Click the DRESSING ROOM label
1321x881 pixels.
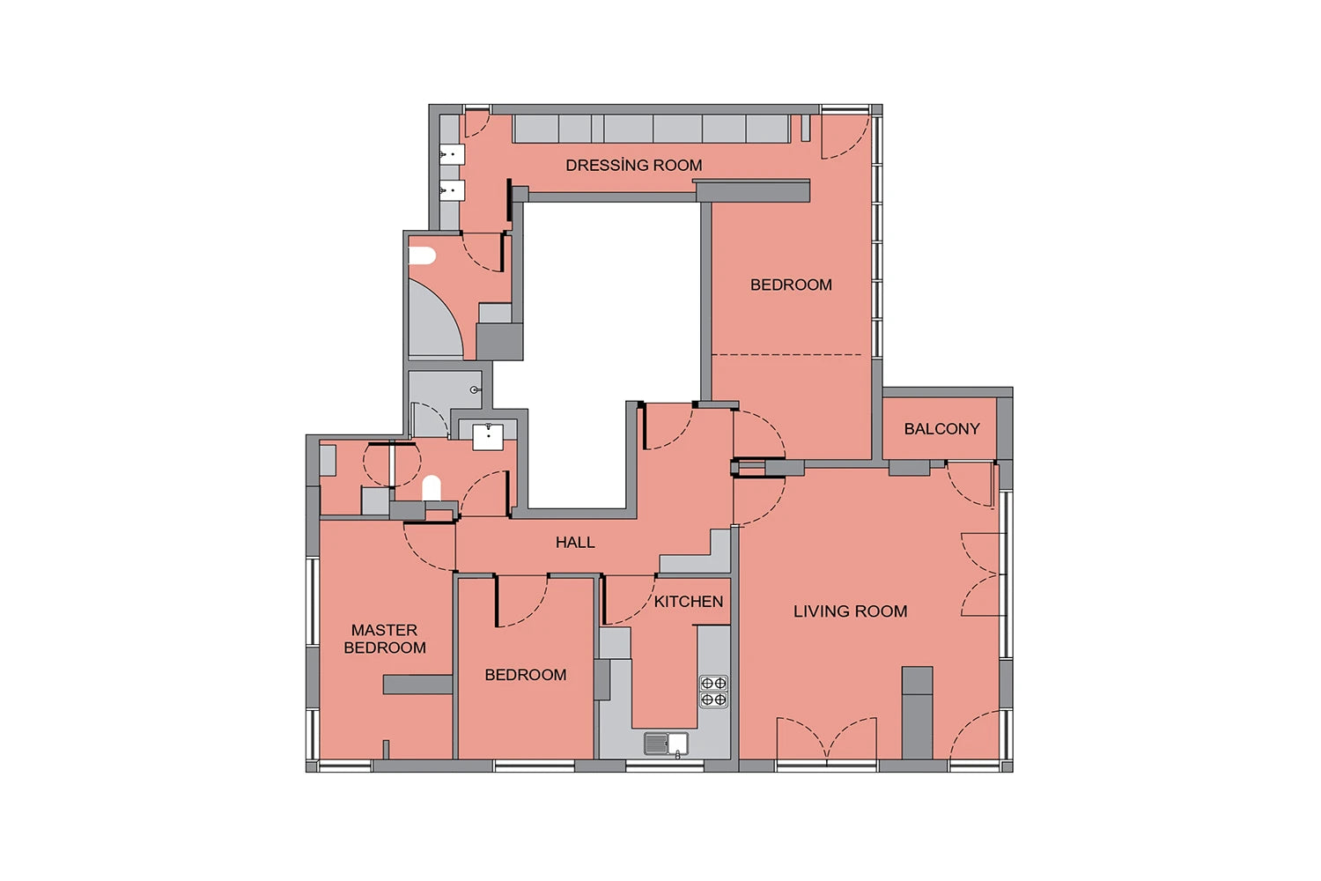pos(634,166)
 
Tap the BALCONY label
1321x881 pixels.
pos(941,429)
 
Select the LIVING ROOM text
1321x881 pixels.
pos(851,611)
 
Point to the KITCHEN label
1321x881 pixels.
pos(688,602)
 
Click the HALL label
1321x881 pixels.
pos(575,543)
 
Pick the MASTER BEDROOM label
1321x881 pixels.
pos(385,639)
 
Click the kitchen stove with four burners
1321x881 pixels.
pos(713,692)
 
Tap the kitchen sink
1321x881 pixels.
pos(666,744)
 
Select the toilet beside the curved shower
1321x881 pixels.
pos(422,256)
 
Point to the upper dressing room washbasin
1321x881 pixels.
pos(453,155)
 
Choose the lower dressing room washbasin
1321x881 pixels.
pos(453,190)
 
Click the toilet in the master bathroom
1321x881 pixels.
pos(432,488)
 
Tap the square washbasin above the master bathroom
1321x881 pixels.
pos(488,437)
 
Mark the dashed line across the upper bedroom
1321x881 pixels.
pos(787,355)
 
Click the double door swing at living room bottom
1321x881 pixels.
pos(827,737)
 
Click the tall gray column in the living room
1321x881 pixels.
pos(918,713)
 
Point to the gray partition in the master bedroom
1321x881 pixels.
pos(418,685)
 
